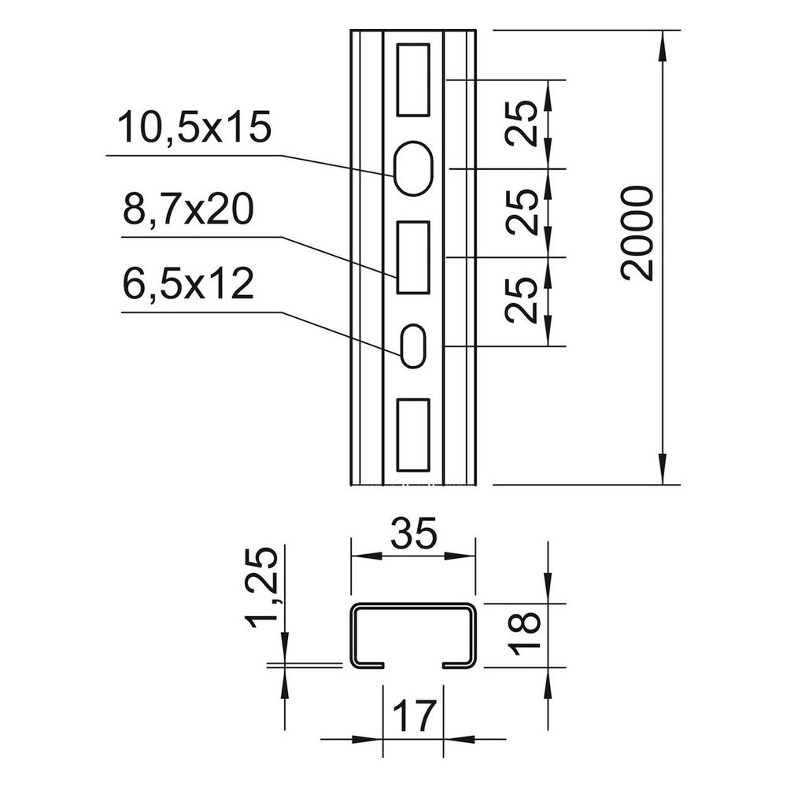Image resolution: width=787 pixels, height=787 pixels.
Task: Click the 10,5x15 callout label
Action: click(x=194, y=127)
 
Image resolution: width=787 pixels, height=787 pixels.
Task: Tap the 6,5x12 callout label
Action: click(x=188, y=284)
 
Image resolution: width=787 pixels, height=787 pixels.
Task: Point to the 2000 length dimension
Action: click(x=637, y=234)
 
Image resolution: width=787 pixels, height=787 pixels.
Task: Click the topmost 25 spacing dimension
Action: click(x=522, y=124)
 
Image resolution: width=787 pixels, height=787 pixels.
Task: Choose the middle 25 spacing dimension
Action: click(x=522, y=212)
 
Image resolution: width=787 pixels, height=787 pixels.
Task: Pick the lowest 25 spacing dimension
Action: click(x=522, y=300)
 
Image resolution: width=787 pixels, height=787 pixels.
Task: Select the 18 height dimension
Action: click(x=524, y=634)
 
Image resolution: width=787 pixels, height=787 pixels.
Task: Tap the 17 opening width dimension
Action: click(x=413, y=717)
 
